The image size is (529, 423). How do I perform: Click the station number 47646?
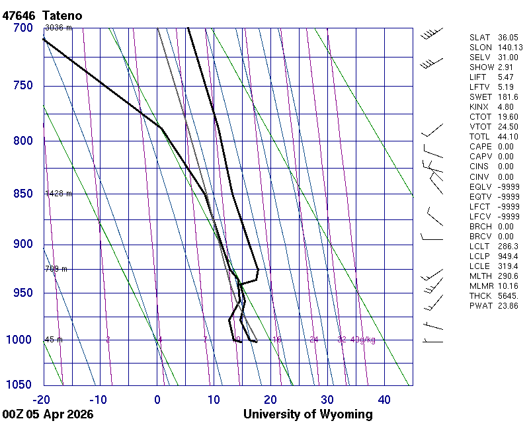point(18,15)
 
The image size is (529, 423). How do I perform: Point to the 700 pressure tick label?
point(22,28)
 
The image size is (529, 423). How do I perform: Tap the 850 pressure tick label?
point(22,194)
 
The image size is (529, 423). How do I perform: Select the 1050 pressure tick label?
point(20,385)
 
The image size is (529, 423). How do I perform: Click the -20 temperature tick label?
point(42,399)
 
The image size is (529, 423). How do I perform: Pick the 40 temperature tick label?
point(384,399)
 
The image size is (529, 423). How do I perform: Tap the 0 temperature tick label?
point(157,399)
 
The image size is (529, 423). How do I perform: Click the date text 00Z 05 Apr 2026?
point(47,414)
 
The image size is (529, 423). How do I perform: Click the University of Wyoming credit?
point(307,414)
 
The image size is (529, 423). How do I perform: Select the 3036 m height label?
point(58,28)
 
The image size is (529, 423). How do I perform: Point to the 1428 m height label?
point(58,194)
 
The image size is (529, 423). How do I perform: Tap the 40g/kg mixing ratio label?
point(363,340)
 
